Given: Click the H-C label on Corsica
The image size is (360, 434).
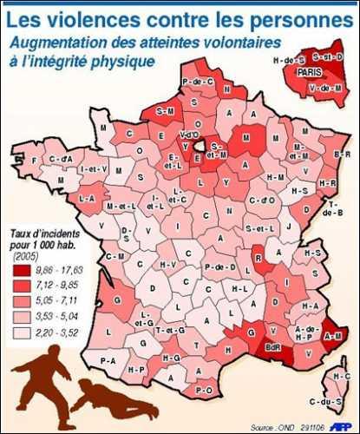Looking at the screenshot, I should coord(340,375).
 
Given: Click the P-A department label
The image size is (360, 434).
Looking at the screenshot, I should coord(108,359).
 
